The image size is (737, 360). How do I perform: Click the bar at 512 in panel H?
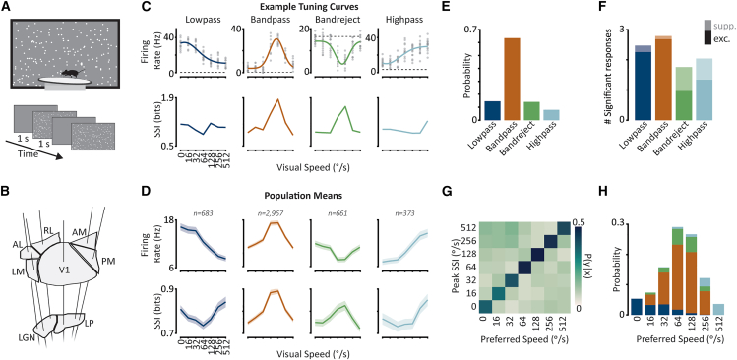tap(718, 309)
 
